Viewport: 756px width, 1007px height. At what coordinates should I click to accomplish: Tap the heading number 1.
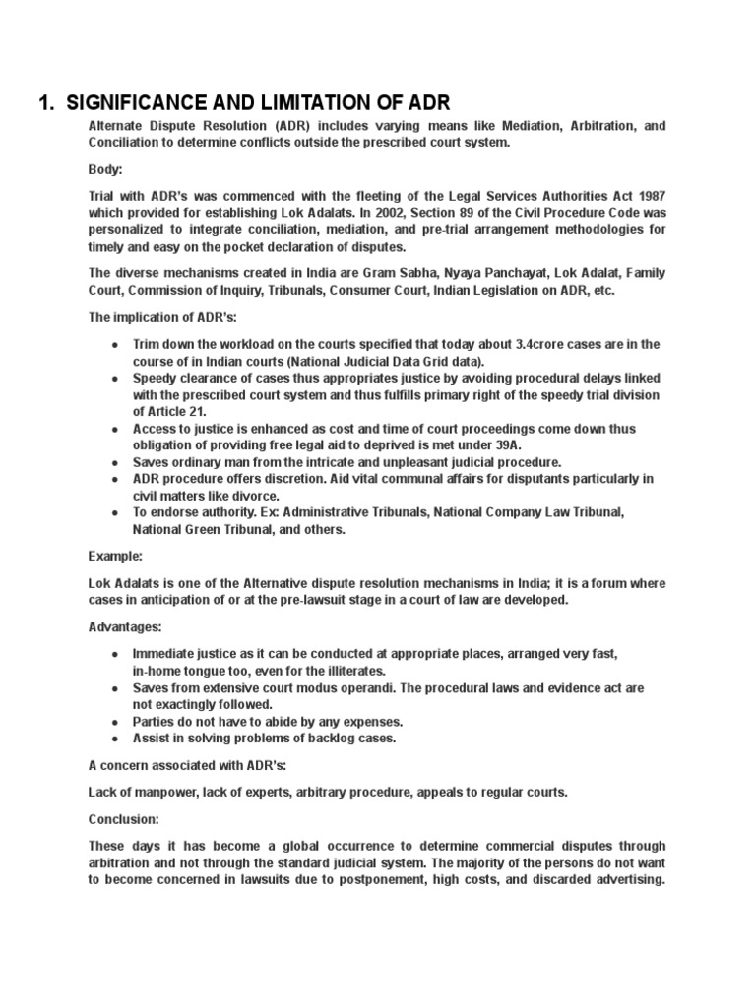pyautogui.click(x=45, y=103)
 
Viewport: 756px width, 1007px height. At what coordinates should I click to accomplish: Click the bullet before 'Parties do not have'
pyautogui.click(x=115, y=721)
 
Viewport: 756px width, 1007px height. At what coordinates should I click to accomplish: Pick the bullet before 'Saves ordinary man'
pyautogui.click(x=115, y=461)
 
